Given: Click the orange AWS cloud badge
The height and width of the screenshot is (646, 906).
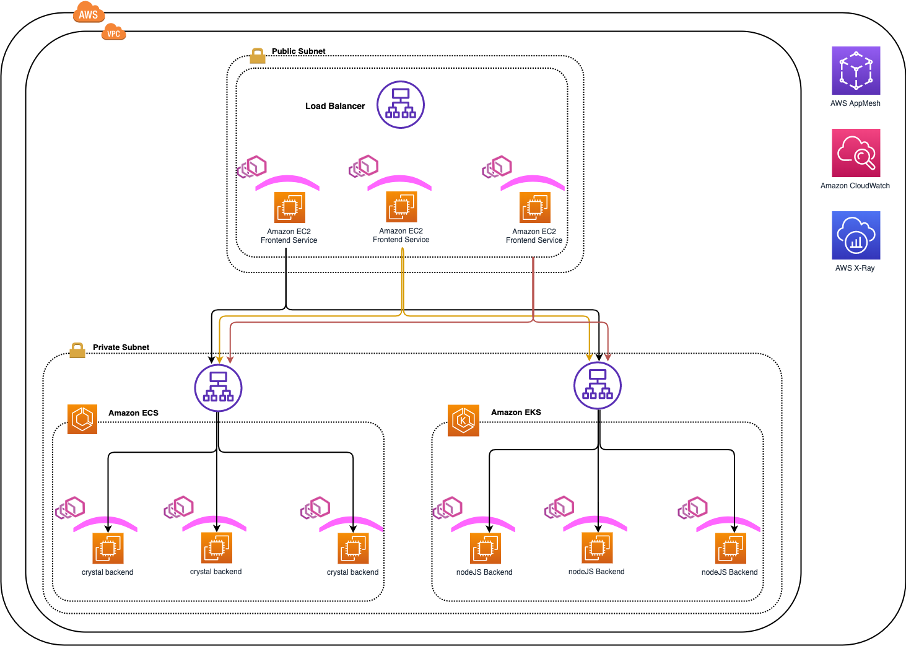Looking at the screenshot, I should click(x=89, y=13).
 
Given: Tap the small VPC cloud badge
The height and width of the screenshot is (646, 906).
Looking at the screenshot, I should click(x=113, y=33).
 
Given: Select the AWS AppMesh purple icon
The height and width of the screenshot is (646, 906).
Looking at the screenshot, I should click(x=856, y=71).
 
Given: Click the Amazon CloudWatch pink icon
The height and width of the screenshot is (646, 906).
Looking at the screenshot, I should click(x=856, y=153).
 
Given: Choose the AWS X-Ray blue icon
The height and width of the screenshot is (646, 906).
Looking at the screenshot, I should click(x=856, y=235).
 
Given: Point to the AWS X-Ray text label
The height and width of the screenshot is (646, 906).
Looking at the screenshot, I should click(x=855, y=268).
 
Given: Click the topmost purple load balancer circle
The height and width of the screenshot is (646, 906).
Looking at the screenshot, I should click(x=401, y=105).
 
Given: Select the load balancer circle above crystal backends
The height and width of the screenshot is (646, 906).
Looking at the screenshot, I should click(x=218, y=388).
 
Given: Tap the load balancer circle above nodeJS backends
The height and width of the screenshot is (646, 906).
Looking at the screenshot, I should click(x=598, y=385).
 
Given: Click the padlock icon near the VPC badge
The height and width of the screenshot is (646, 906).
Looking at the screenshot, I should click(x=258, y=56).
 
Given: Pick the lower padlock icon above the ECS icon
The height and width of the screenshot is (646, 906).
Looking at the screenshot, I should click(x=77, y=351).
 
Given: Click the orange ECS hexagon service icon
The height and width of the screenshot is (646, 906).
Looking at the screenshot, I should click(x=82, y=419).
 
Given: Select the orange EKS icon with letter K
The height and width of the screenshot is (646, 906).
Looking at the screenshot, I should click(x=463, y=421).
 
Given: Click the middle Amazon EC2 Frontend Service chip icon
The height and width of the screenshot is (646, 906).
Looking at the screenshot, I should click(x=401, y=207).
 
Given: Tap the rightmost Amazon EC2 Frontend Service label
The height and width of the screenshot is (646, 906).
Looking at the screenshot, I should click(x=534, y=236).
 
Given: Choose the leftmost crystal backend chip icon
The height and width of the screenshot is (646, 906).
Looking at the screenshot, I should click(x=108, y=548).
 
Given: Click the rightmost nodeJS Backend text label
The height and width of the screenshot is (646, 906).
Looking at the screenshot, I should click(x=729, y=572).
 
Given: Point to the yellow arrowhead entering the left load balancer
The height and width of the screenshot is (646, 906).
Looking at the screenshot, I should click(x=219, y=360).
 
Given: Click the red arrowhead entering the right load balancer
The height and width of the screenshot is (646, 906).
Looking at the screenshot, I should click(x=608, y=357).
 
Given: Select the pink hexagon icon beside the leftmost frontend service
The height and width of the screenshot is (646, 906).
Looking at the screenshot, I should click(x=252, y=167).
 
